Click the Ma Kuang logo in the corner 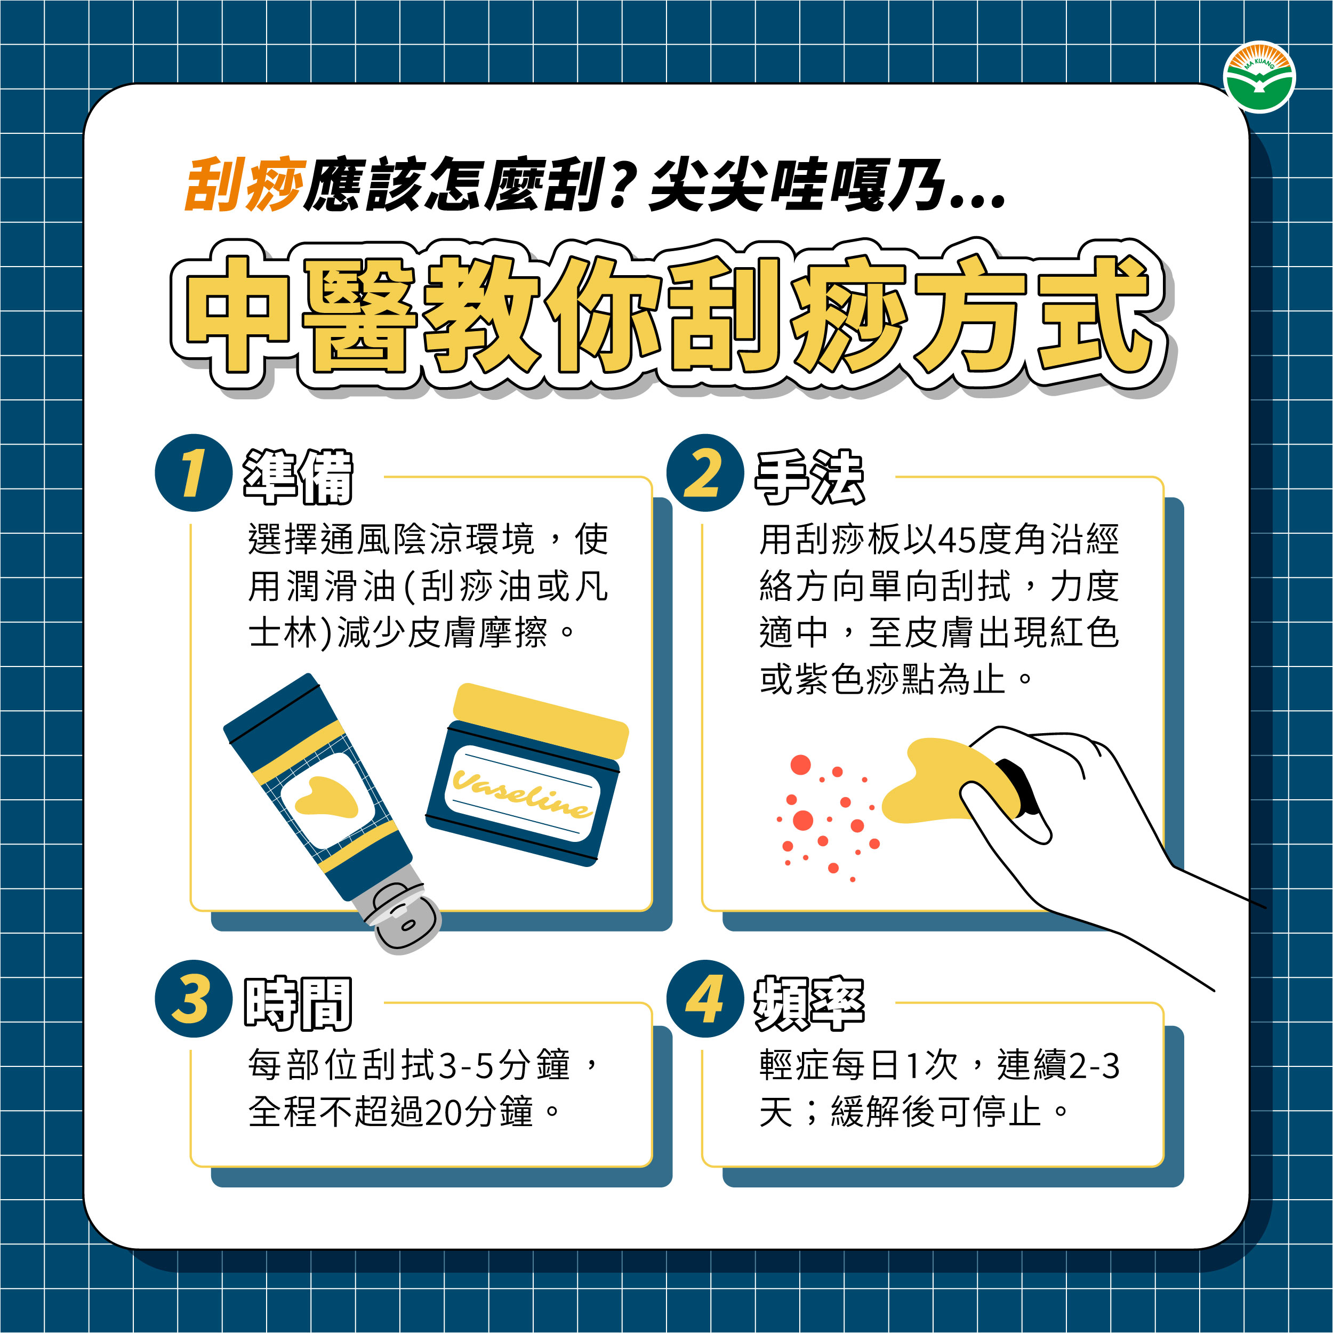(x=1259, y=78)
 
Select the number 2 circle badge (x=705, y=472)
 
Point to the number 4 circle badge (x=705, y=998)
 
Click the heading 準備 (x=298, y=476)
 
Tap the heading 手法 (x=810, y=476)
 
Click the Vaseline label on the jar (x=523, y=793)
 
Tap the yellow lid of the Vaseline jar (x=540, y=720)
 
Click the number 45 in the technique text (x=957, y=540)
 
